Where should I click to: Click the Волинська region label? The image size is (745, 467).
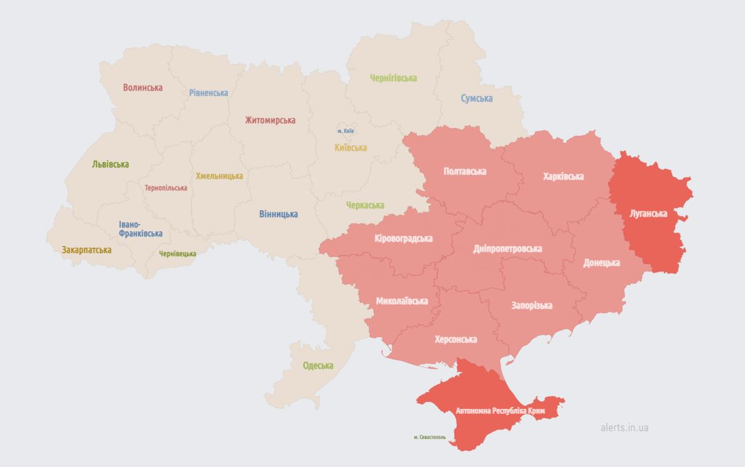pos(143,88)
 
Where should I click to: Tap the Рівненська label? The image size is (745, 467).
pos(208,93)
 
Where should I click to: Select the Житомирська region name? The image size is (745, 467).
pos(270,120)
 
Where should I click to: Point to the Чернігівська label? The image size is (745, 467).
pos(394,78)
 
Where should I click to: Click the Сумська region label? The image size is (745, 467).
pos(477,98)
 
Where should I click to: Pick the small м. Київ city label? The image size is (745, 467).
pos(346,131)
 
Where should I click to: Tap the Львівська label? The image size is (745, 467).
pos(111,164)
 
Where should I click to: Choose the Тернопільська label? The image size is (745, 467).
pos(166,188)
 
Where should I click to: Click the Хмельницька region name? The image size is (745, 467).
pos(219,176)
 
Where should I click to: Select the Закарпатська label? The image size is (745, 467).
pos(87,250)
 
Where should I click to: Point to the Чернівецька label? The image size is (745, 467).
pos(178,254)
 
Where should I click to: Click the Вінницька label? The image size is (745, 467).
pos(279,214)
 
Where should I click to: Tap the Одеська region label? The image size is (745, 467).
pos(318,365)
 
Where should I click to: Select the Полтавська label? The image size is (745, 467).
pos(465,171)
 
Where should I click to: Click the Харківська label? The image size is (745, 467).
pos(564,176)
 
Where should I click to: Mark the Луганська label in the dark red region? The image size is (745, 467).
pos(648,213)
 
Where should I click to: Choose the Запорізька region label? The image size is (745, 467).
pos(532,305)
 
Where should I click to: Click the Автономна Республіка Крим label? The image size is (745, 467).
pos(500,411)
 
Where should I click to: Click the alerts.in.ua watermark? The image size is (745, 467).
pos(624,427)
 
